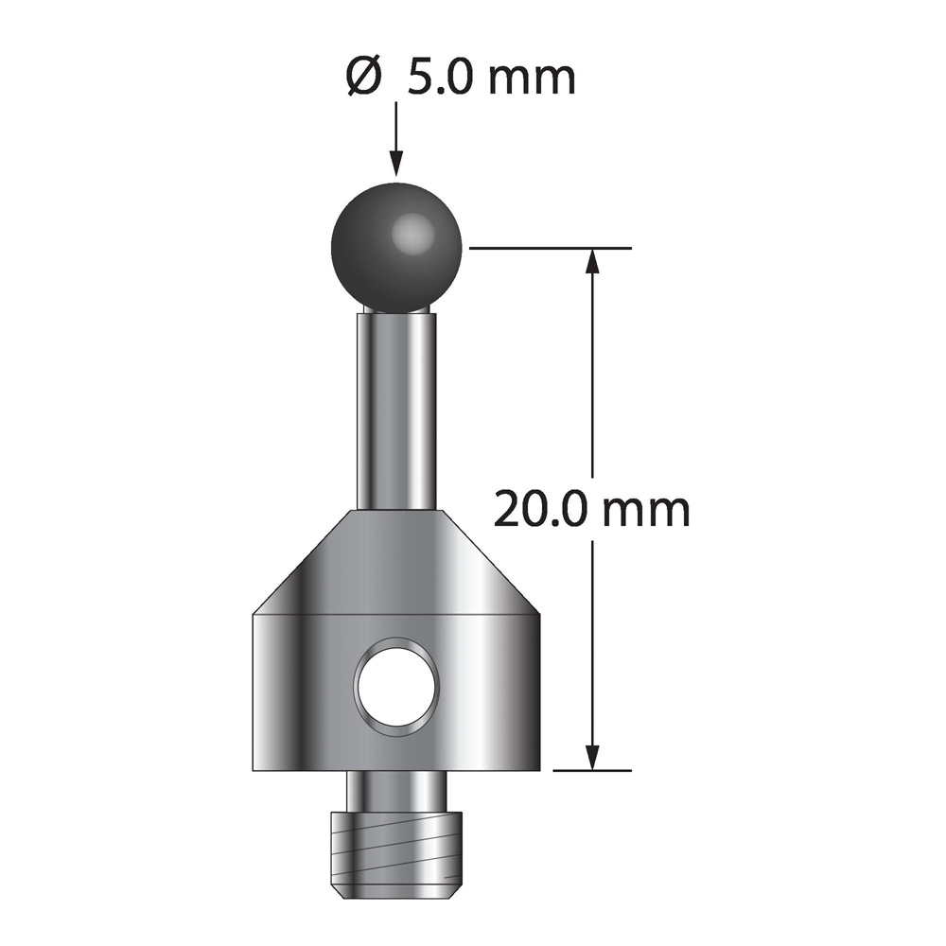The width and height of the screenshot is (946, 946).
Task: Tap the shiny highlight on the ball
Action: (411, 231)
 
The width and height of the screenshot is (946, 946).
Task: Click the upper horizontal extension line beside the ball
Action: (549, 248)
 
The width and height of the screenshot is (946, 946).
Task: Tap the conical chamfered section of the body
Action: (396, 563)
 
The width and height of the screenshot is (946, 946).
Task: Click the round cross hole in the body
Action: (396, 683)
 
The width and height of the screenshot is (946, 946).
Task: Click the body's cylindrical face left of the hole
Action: (303, 691)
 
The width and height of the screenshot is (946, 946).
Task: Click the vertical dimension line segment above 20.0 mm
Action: (593, 378)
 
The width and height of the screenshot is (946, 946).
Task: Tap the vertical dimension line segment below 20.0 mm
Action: (593, 643)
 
